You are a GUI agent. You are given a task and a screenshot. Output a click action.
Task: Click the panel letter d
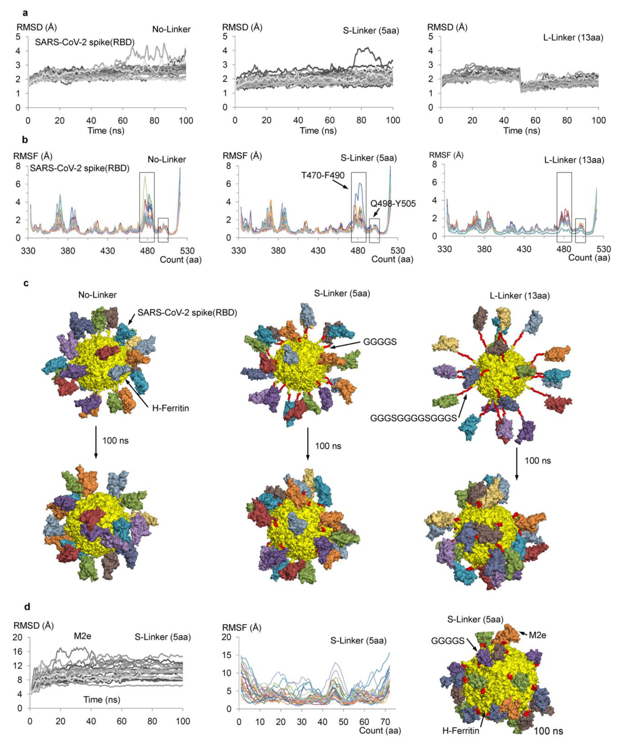point(27,607)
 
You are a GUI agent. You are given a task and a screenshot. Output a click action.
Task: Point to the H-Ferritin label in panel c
point(170,408)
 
